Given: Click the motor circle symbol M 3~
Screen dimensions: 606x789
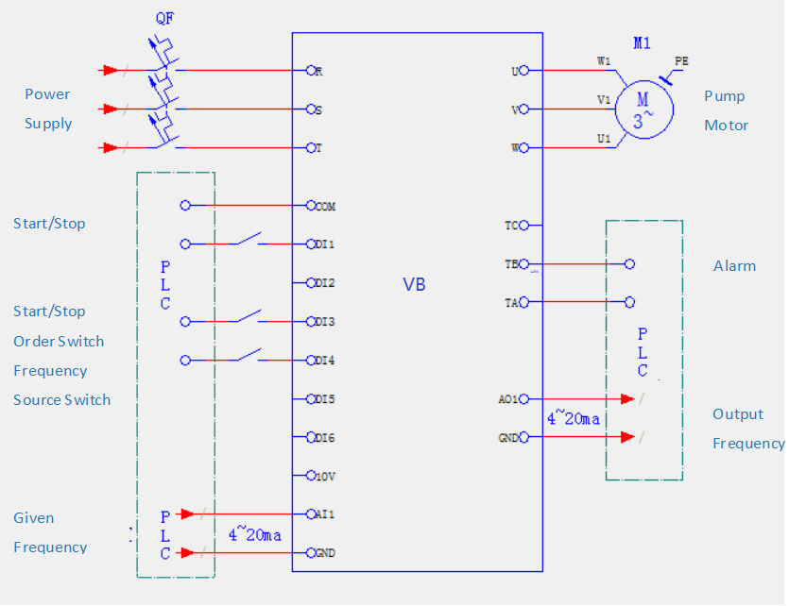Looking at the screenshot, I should click(643, 109).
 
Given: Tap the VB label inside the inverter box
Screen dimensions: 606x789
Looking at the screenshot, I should click(414, 284).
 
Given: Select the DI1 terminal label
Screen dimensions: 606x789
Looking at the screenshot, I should click(325, 244).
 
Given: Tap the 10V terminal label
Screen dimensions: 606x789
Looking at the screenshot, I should click(325, 476).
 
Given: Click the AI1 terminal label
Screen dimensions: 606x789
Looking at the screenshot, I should click(325, 514).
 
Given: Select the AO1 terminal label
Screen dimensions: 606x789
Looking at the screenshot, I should click(507, 399).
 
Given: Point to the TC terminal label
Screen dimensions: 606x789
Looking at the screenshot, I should click(511, 226).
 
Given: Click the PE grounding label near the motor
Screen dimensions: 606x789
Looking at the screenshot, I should click(681, 61).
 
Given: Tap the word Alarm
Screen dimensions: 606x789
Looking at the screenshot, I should click(734, 266).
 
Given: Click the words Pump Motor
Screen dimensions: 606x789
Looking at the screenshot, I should click(726, 110).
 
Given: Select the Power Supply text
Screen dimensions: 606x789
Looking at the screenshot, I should click(48, 109).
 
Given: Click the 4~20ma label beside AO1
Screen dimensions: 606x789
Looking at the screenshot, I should click(573, 418).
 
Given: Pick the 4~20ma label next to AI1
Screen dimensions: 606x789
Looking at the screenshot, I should click(254, 534).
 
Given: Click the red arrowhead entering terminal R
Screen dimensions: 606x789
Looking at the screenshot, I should click(111, 70).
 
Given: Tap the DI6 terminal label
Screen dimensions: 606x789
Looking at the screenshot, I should click(325, 438).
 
